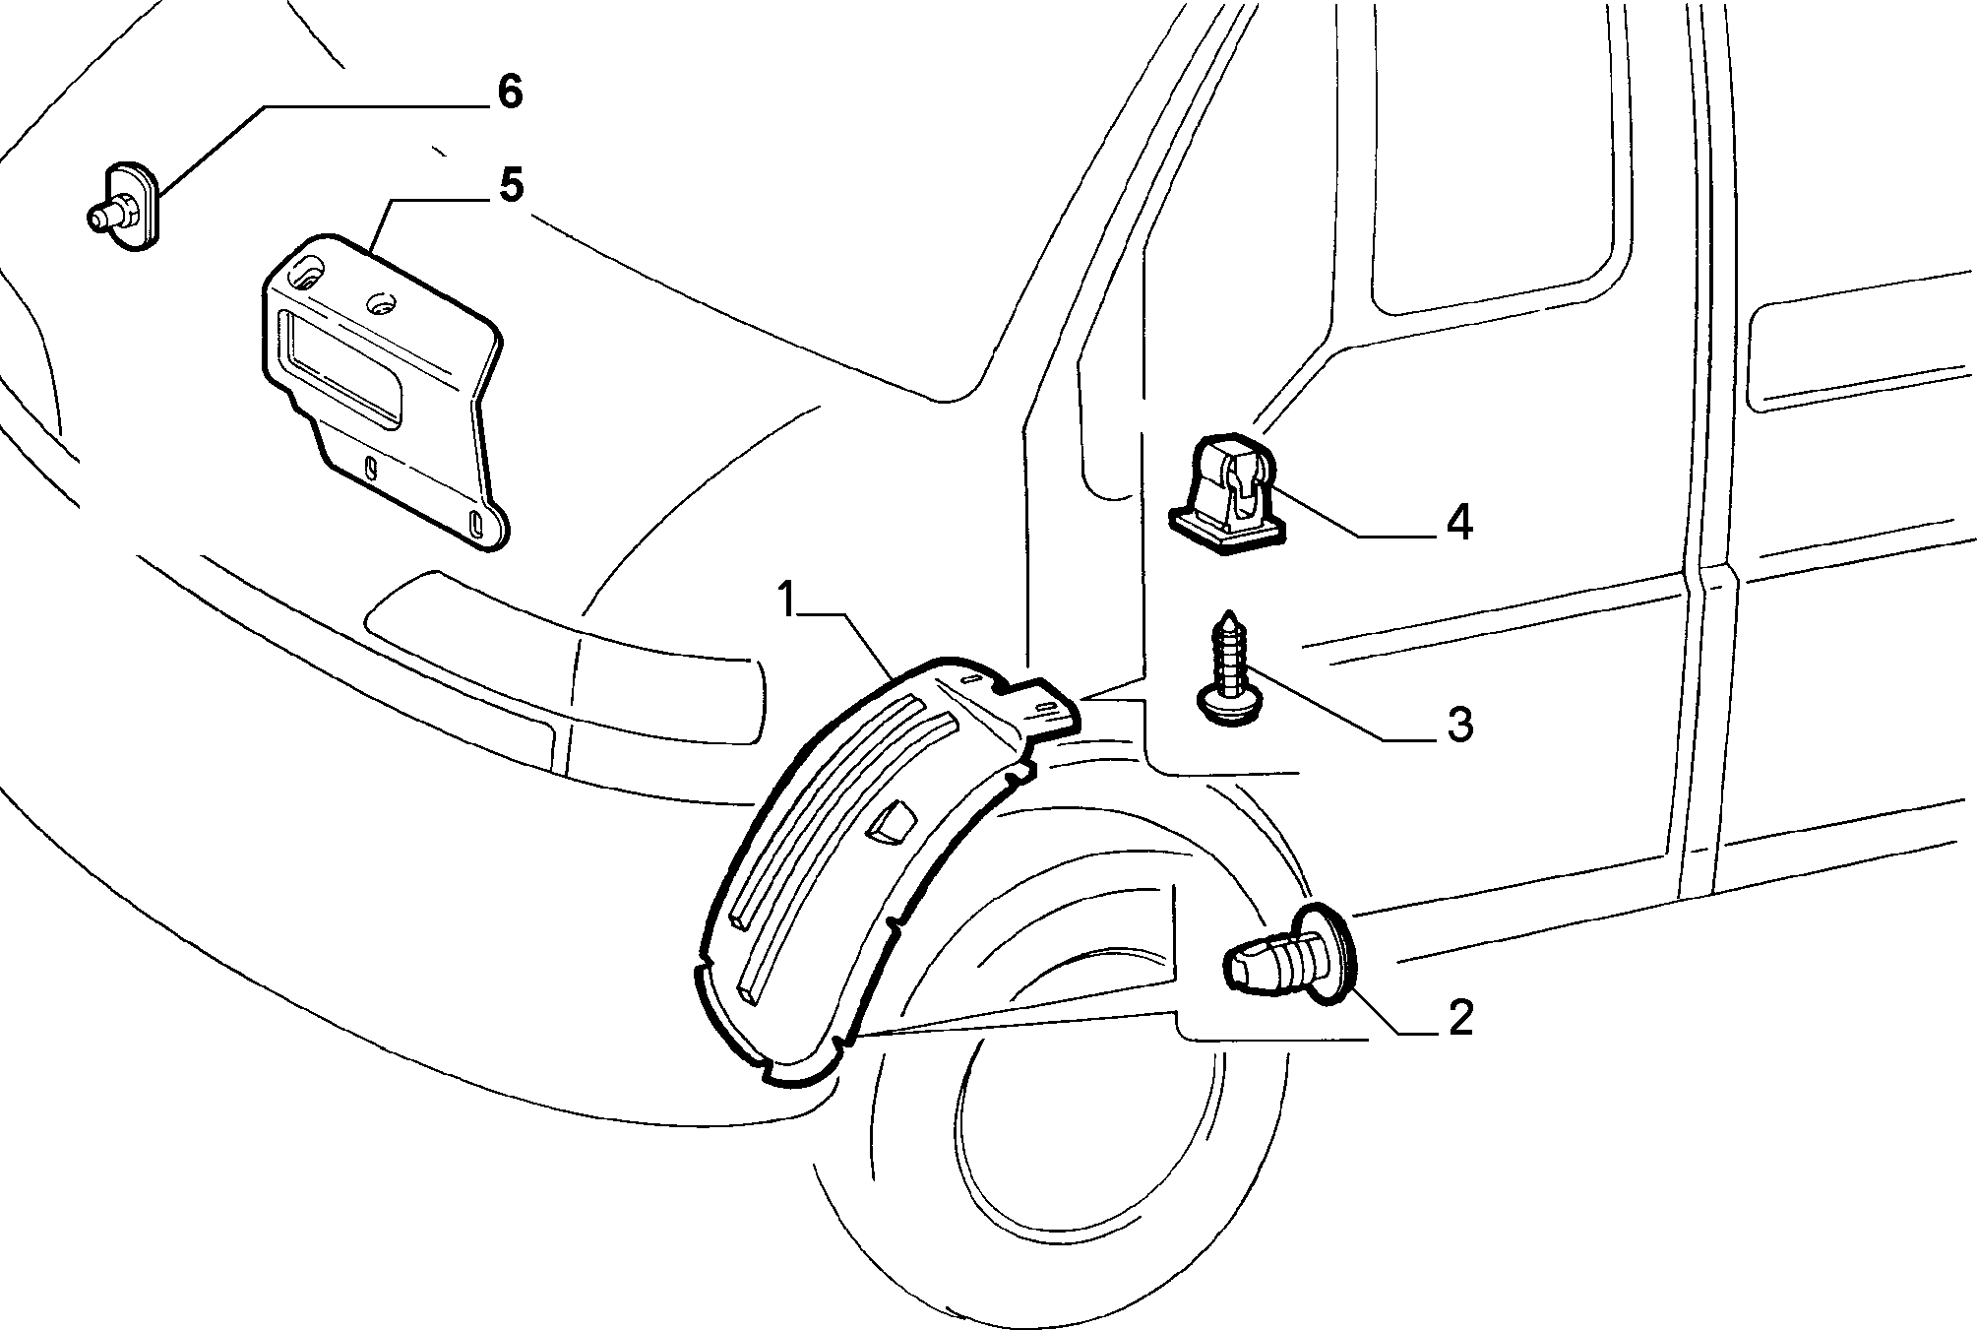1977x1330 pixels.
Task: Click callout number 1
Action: [x=786, y=598]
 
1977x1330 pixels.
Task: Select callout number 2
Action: [x=1459, y=1018]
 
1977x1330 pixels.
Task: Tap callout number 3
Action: [x=1459, y=725]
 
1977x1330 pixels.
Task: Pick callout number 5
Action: [x=510, y=186]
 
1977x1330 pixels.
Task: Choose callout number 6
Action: [x=509, y=92]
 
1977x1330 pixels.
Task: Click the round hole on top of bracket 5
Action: [x=380, y=302]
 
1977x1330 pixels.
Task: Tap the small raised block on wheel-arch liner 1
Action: [x=891, y=823]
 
